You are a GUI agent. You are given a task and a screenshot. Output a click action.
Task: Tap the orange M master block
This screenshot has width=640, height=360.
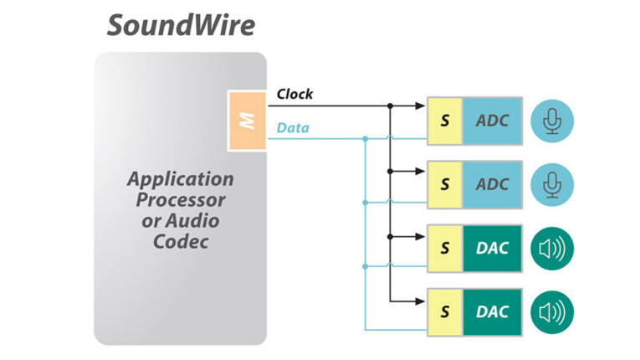[247, 121]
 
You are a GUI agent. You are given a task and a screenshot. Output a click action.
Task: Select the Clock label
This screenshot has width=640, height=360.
[294, 94]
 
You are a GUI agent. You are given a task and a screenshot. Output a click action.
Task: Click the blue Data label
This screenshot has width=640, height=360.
[293, 127]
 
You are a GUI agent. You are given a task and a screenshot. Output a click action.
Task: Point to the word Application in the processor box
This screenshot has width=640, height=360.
[180, 179]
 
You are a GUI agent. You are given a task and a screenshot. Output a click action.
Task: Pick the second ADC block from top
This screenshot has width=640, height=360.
[492, 183]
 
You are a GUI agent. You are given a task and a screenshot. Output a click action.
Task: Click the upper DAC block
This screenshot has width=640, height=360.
[492, 248]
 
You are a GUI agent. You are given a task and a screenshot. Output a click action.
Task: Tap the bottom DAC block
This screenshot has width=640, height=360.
[492, 311]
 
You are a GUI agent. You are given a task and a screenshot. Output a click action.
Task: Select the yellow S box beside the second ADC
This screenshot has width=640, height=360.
[445, 183]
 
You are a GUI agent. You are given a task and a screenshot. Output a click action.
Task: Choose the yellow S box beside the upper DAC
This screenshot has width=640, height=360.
[445, 248]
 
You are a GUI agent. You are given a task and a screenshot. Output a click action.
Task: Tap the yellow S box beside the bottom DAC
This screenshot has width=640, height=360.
[445, 311]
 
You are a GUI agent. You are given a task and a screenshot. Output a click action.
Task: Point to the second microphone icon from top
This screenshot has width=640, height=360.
[551, 183]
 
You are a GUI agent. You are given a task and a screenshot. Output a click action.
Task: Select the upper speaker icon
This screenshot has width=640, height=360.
[551, 248]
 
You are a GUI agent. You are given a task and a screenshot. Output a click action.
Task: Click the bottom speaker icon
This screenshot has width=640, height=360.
[551, 311]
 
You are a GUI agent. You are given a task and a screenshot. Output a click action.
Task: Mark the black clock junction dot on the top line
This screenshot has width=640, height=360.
[391, 106]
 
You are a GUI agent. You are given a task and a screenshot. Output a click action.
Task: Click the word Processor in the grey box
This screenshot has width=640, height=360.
[180, 200]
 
